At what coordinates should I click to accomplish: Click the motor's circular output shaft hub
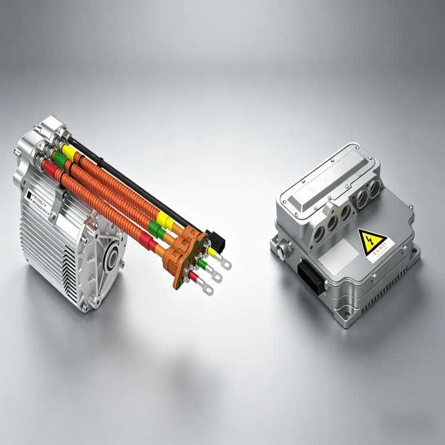point(111,259)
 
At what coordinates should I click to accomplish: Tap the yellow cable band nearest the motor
point(69,152)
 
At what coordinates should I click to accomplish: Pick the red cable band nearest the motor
point(50,168)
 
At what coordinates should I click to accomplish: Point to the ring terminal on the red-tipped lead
point(207,289)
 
